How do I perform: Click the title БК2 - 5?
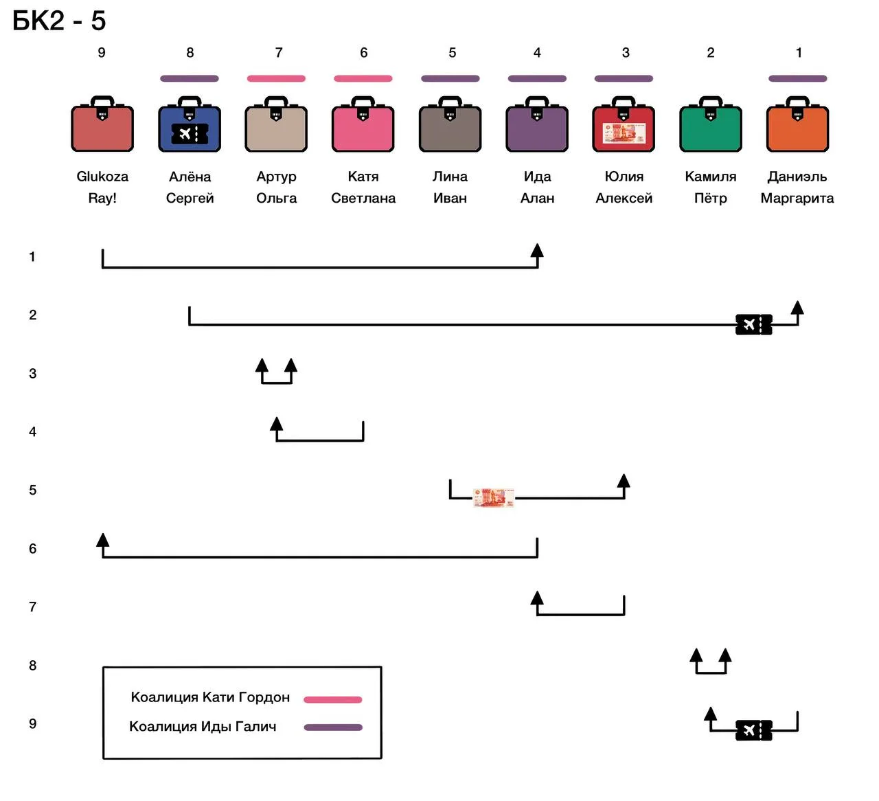click(59, 21)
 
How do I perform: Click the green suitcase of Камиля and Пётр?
click(710, 124)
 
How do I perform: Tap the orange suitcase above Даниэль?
click(797, 124)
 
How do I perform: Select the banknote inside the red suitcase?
click(624, 133)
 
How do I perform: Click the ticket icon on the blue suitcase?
click(190, 134)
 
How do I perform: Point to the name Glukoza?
click(102, 177)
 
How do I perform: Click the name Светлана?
click(363, 198)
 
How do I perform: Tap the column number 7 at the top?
click(279, 53)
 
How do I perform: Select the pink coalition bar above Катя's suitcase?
click(363, 78)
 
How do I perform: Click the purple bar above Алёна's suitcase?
click(190, 78)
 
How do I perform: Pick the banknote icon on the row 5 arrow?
click(493, 497)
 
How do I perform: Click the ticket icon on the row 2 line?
click(754, 324)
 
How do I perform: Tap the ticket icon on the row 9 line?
click(754, 730)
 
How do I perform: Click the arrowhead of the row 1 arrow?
click(537, 250)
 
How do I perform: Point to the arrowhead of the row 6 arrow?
click(102, 540)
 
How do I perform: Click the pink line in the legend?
click(332, 700)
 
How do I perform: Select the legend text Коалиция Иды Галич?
click(203, 727)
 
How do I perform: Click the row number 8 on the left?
click(33, 665)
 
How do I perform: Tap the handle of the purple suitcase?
click(537, 101)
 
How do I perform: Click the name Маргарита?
click(797, 198)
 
